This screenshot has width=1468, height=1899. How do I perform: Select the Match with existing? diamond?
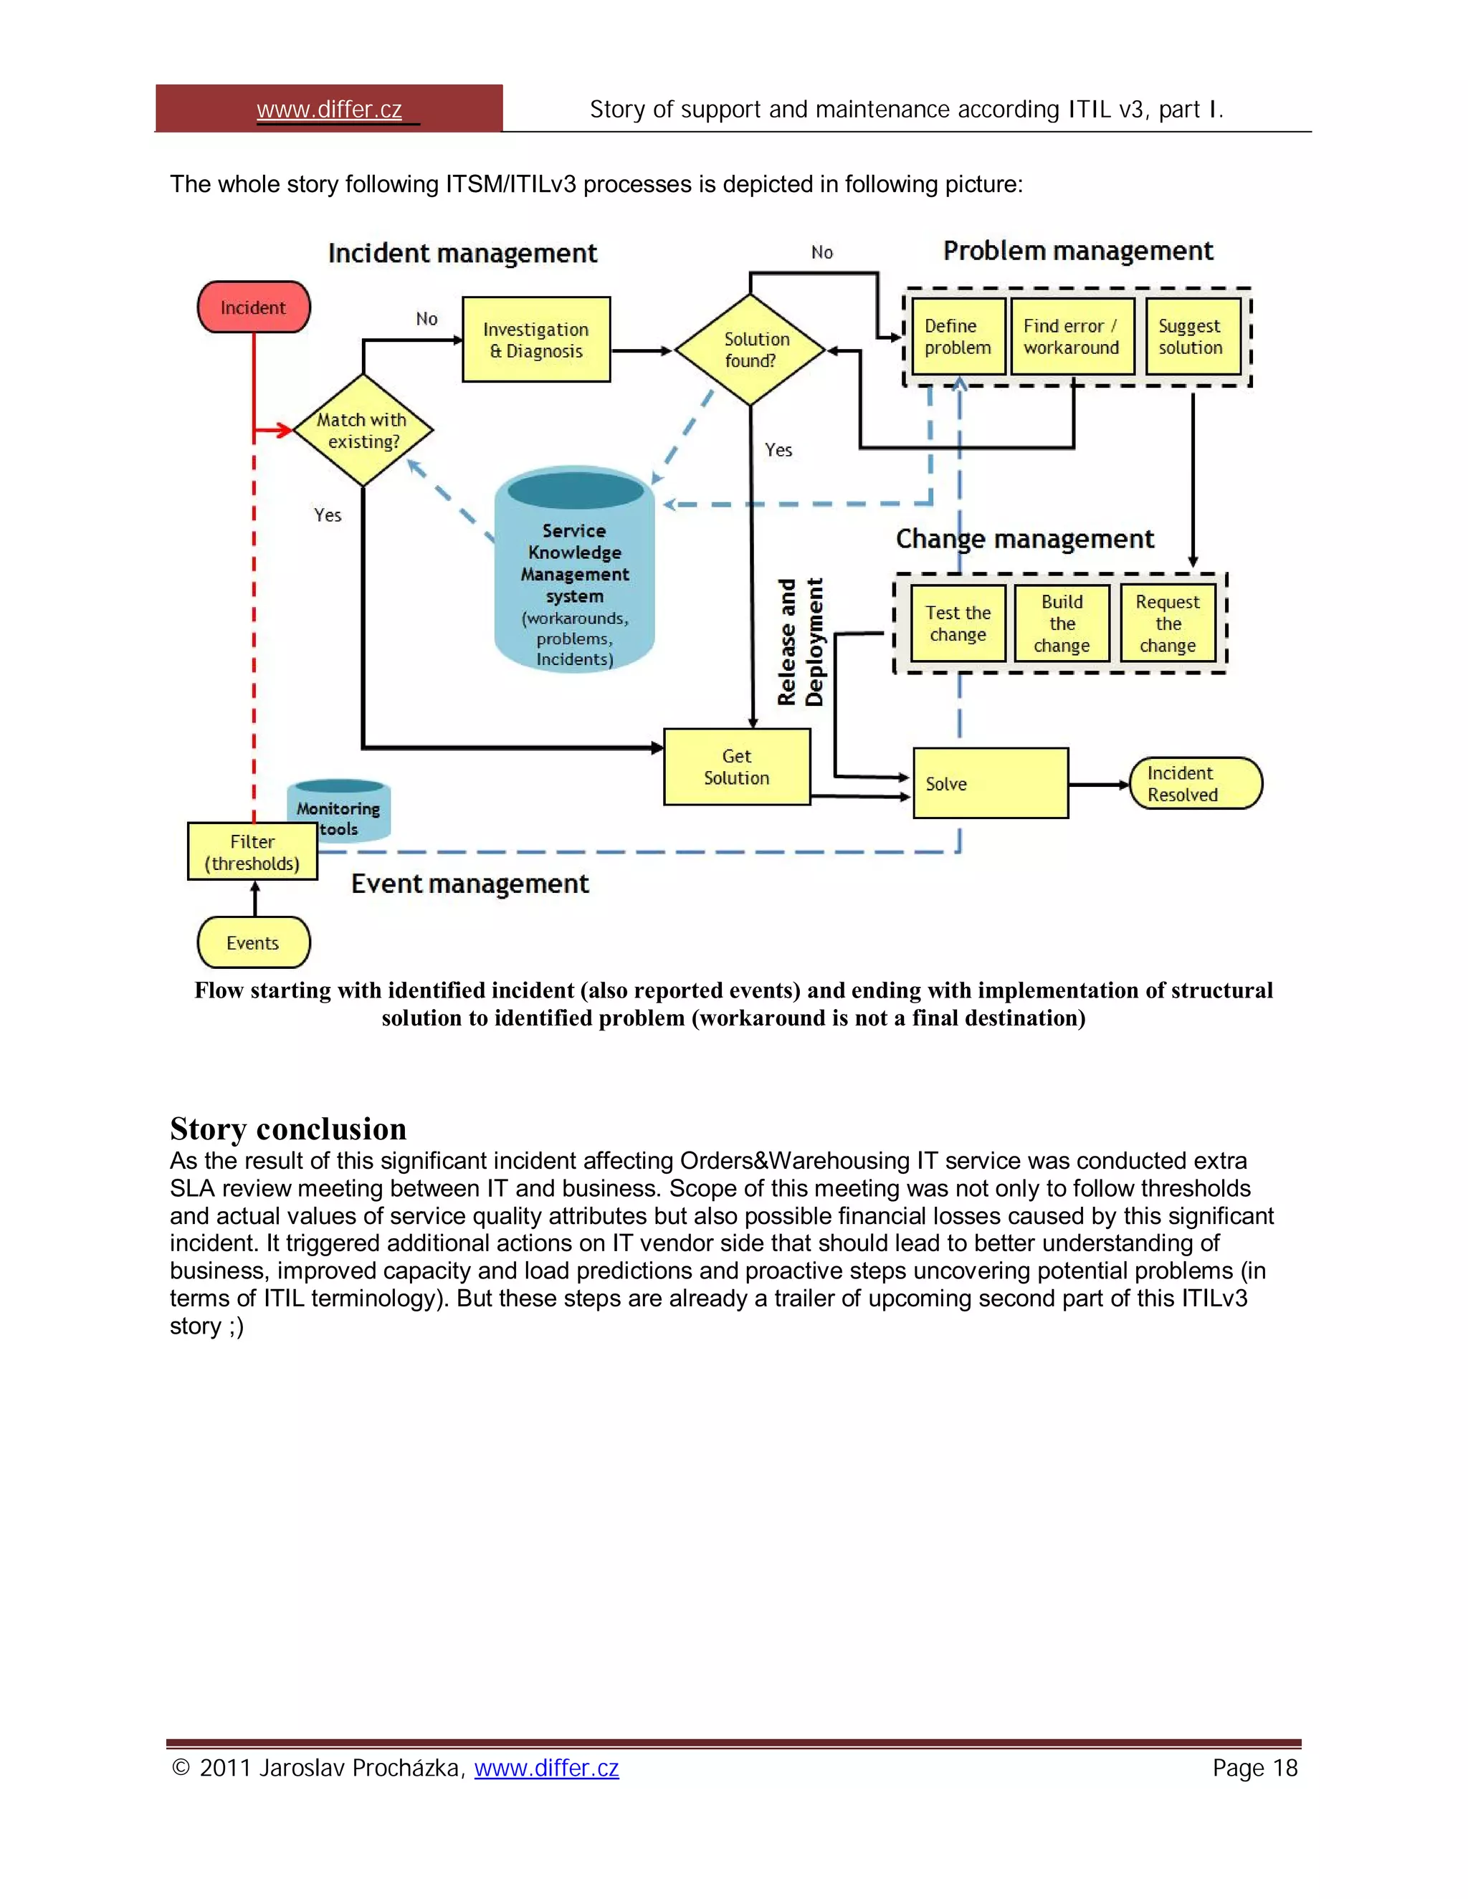click(363, 431)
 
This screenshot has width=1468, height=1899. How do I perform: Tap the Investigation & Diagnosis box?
click(535, 340)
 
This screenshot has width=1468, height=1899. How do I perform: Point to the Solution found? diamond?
click(750, 350)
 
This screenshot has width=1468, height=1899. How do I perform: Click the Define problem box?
click(958, 337)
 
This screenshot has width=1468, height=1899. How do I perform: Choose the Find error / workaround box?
click(1072, 337)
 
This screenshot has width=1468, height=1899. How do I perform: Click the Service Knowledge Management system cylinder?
click(574, 574)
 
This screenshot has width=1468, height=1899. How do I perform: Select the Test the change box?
click(958, 623)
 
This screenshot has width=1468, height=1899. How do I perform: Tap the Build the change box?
click(1062, 623)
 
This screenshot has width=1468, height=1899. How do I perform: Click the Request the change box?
click(1168, 623)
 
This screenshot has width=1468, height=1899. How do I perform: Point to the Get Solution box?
click(737, 767)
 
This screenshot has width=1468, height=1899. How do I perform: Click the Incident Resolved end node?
click(1195, 783)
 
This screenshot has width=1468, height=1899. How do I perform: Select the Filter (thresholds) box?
click(252, 852)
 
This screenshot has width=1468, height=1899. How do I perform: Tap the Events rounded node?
click(253, 942)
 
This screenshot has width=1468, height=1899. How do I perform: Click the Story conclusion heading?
click(288, 1129)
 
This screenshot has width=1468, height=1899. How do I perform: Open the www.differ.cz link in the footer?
click(546, 1768)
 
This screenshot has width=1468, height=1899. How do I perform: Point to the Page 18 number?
click(1254, 1768)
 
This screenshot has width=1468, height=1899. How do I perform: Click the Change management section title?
click(1024, 539)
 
